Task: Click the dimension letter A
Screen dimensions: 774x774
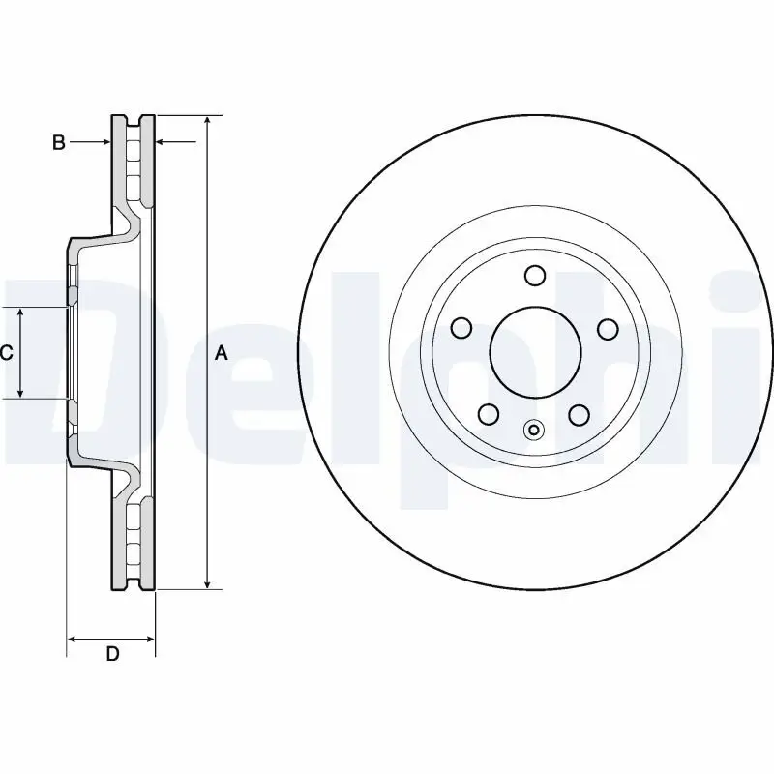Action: pos(221,354)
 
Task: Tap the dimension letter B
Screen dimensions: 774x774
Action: pos(58,143)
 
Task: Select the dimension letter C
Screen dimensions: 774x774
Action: pos(7,354)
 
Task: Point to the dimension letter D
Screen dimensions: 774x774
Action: pos(112,654)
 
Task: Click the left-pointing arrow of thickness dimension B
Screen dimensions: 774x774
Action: pos(164,142)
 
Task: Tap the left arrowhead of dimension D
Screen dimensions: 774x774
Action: pos(72,639)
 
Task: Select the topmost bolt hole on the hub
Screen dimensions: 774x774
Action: pos(535,276)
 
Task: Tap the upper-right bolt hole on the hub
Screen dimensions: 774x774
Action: pos(608,329)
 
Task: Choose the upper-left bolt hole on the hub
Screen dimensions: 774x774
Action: pos(461,329)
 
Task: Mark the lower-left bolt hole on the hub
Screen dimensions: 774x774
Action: pos(490,415)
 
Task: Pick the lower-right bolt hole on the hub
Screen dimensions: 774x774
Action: pos(580,415)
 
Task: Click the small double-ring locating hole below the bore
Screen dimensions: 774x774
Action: pos(534,431)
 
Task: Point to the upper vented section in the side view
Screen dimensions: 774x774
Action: pos(134,160)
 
